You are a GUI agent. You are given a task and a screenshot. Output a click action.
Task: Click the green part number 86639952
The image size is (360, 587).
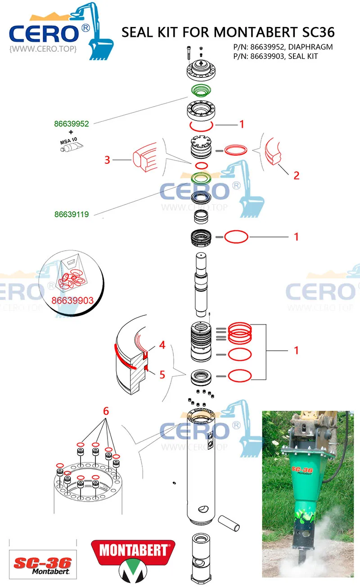point(72,123)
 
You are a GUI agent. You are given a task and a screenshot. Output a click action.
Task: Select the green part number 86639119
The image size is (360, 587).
point(72,215)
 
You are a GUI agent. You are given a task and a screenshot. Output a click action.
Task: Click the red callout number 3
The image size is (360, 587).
point(107,160)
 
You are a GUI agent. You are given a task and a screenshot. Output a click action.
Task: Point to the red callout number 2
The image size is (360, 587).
point(296,175)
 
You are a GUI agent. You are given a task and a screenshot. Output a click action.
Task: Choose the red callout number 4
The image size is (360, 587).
point(162,345)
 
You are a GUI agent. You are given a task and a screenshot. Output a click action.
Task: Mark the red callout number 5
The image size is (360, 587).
point(162,374)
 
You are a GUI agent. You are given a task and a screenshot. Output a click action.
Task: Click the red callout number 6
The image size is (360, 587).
point(106,411)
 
